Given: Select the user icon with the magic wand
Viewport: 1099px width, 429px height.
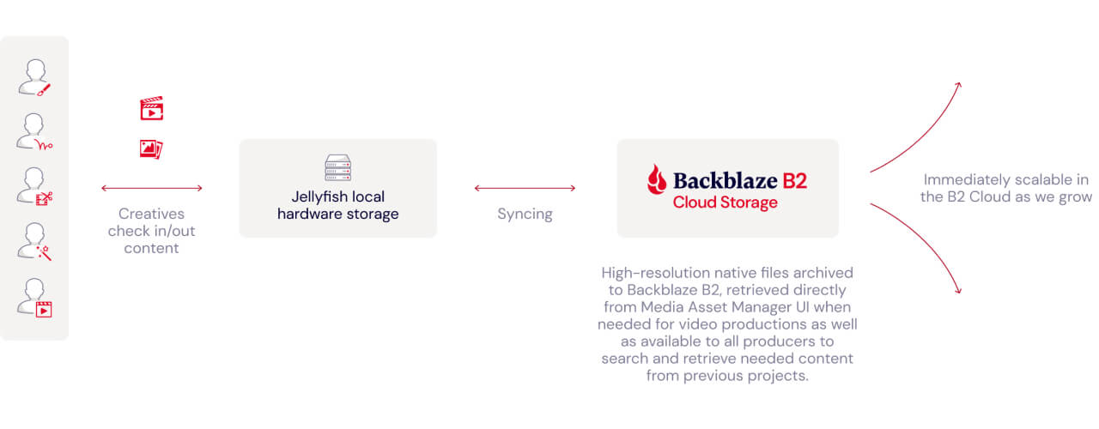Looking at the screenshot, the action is pos(34,242).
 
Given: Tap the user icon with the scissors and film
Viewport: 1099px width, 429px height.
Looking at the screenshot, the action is pos(34,186).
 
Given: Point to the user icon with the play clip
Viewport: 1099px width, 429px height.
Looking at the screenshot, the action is pos(34,298).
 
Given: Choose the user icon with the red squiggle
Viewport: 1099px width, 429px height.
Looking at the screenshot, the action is pos(34,132).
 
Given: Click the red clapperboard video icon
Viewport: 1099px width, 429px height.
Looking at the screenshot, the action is pos(152,108).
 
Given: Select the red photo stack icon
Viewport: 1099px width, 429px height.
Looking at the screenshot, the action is pos(151,149).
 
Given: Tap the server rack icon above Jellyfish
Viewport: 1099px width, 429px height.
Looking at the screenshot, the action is pos(337,167).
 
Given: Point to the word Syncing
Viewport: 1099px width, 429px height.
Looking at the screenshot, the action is pos(525,214).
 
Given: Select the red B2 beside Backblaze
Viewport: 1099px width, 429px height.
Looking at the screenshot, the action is pos(795,181).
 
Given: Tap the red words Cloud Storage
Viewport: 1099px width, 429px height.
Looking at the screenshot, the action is pos(726,202).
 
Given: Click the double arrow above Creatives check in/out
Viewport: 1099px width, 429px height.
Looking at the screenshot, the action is pos(152,188).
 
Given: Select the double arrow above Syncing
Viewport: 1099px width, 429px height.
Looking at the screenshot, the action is pos(525,188).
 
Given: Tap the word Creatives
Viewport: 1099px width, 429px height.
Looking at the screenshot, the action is pos(152,214).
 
